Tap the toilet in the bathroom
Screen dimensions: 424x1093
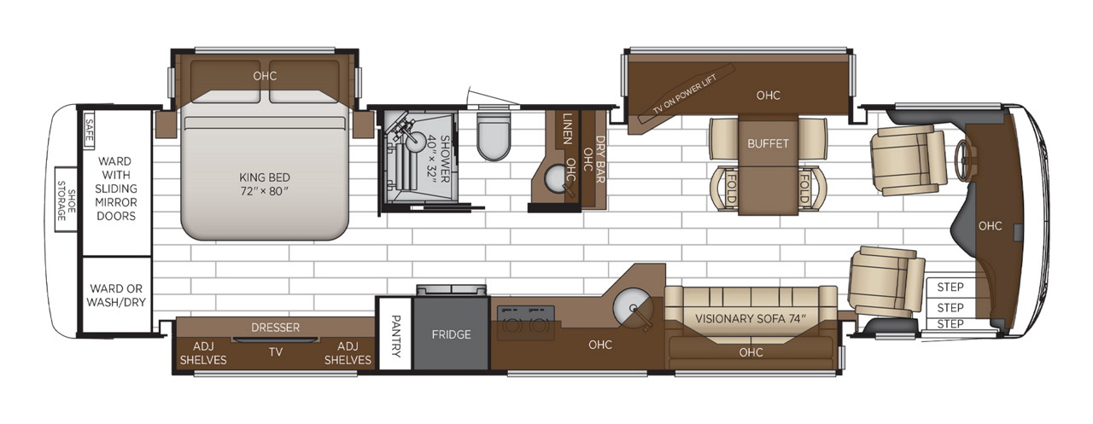[493, 136]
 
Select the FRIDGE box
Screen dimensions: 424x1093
[451, 334]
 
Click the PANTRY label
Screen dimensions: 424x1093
[395, 334]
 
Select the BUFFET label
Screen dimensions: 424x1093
[769, 143]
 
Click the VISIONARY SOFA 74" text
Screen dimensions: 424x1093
[750, 319]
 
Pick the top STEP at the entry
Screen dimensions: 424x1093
[950, 287]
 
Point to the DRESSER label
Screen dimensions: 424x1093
[275, 328]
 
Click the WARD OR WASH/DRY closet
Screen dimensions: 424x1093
[116, 293]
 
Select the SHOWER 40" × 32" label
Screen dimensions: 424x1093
[436, 156]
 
